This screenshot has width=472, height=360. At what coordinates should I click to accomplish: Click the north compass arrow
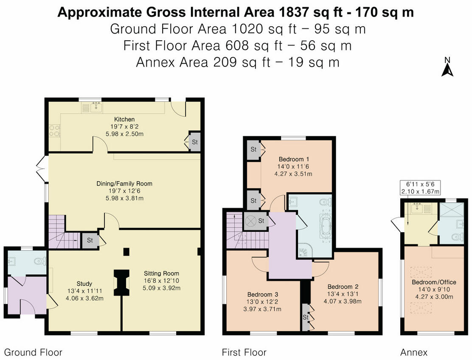(447, 67)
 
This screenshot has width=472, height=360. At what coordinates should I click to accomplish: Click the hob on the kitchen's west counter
(55, 130)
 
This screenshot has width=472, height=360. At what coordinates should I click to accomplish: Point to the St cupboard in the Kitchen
(194, 142)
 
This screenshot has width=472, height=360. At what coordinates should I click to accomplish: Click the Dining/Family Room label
(124, 184)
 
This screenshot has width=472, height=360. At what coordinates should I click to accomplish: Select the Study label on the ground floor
(84, 284)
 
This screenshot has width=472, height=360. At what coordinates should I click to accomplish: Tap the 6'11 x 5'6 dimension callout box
(421, 188)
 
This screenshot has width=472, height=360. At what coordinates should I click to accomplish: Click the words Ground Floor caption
(33, 352)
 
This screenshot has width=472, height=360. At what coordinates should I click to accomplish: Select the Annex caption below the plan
(414, 352)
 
